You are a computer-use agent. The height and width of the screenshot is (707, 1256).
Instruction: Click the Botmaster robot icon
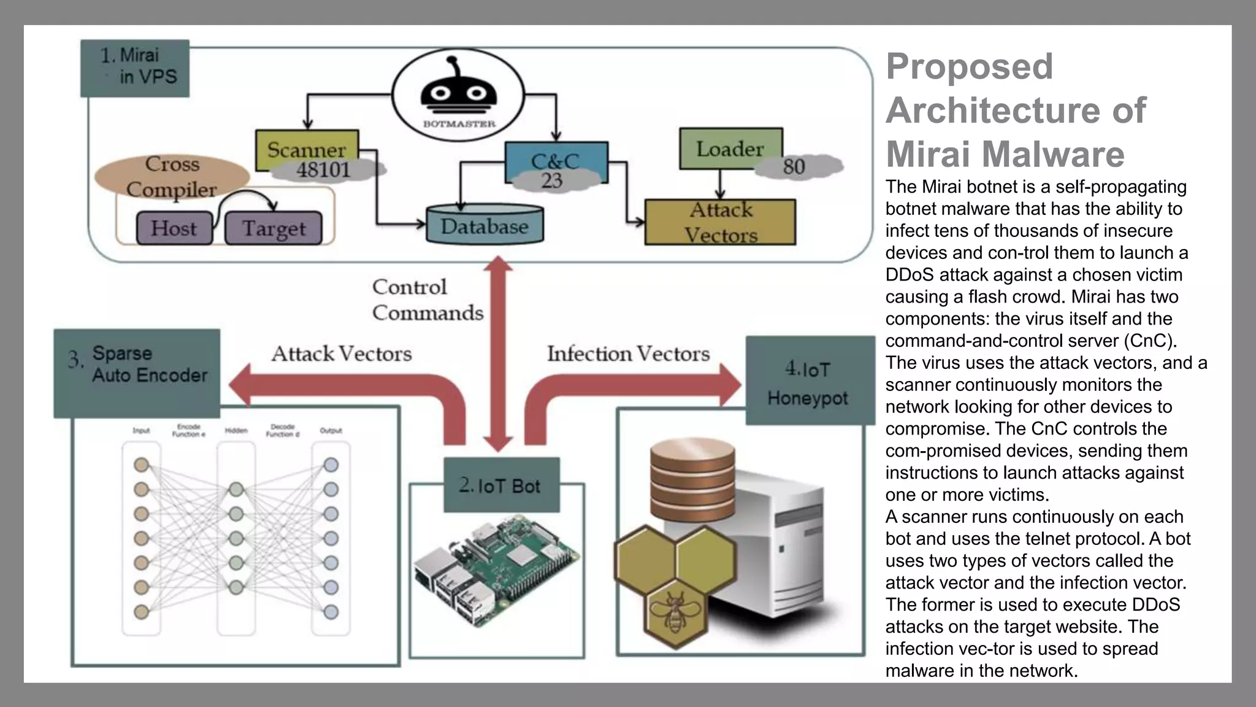click(x=458, y=92)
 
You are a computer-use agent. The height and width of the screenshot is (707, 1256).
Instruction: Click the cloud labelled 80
click(x=796, y=166)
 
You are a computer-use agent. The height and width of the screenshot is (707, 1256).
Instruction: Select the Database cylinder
click(x=484, y=225)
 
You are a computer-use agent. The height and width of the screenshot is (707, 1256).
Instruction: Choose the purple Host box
click(x=174, y=228)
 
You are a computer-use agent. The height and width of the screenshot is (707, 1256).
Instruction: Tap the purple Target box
click(x=274, y=228)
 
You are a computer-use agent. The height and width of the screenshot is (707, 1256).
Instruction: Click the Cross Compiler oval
click(x=172, y=175)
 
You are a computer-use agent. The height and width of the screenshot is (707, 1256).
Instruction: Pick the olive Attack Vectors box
click(x=720, y=222)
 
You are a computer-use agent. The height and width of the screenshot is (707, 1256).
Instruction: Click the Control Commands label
click(x=427, y=299)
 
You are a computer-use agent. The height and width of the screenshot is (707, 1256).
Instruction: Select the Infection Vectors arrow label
click(x=628, y=353)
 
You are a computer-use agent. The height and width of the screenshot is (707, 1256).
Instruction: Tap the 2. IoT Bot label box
click(x=501, y=485)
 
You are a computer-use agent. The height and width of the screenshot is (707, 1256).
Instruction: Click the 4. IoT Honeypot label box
click(x=809, y=381)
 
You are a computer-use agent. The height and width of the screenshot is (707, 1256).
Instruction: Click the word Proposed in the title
click(x=969, y=66)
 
